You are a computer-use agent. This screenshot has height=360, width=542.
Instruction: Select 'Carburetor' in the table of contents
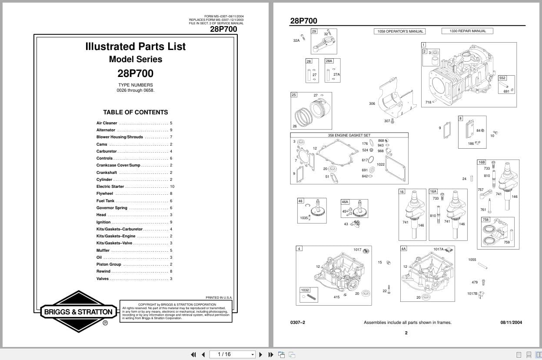tap(106, 151)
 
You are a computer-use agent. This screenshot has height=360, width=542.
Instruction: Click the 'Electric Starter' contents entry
tap(110, 187)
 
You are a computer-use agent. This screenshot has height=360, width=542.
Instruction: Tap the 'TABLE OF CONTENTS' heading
tap(135, 112)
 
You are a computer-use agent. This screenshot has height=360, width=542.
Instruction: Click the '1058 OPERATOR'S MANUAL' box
tap(400, 31)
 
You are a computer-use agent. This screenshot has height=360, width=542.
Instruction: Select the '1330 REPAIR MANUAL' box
tap(468, 31)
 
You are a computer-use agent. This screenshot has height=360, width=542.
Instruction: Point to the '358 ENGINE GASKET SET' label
tap(349, 135)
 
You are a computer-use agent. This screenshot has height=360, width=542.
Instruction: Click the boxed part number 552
tap(502, 78)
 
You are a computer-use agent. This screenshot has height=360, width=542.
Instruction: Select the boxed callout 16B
tap(482, 162)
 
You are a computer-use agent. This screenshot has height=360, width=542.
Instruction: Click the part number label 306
tap(372, 103)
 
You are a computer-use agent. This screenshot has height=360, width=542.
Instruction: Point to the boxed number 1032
tap(305, 290)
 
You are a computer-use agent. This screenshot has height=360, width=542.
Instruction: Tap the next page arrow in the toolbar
tap(261, 354)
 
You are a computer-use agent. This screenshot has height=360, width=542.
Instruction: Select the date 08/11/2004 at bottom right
tap(511, 323)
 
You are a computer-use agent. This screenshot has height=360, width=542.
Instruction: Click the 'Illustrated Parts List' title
tap(135, 47)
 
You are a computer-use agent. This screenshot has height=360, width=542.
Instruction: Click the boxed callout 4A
tap(403, 249)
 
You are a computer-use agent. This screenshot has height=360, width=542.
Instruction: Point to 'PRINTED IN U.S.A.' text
tap(219, 297)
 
